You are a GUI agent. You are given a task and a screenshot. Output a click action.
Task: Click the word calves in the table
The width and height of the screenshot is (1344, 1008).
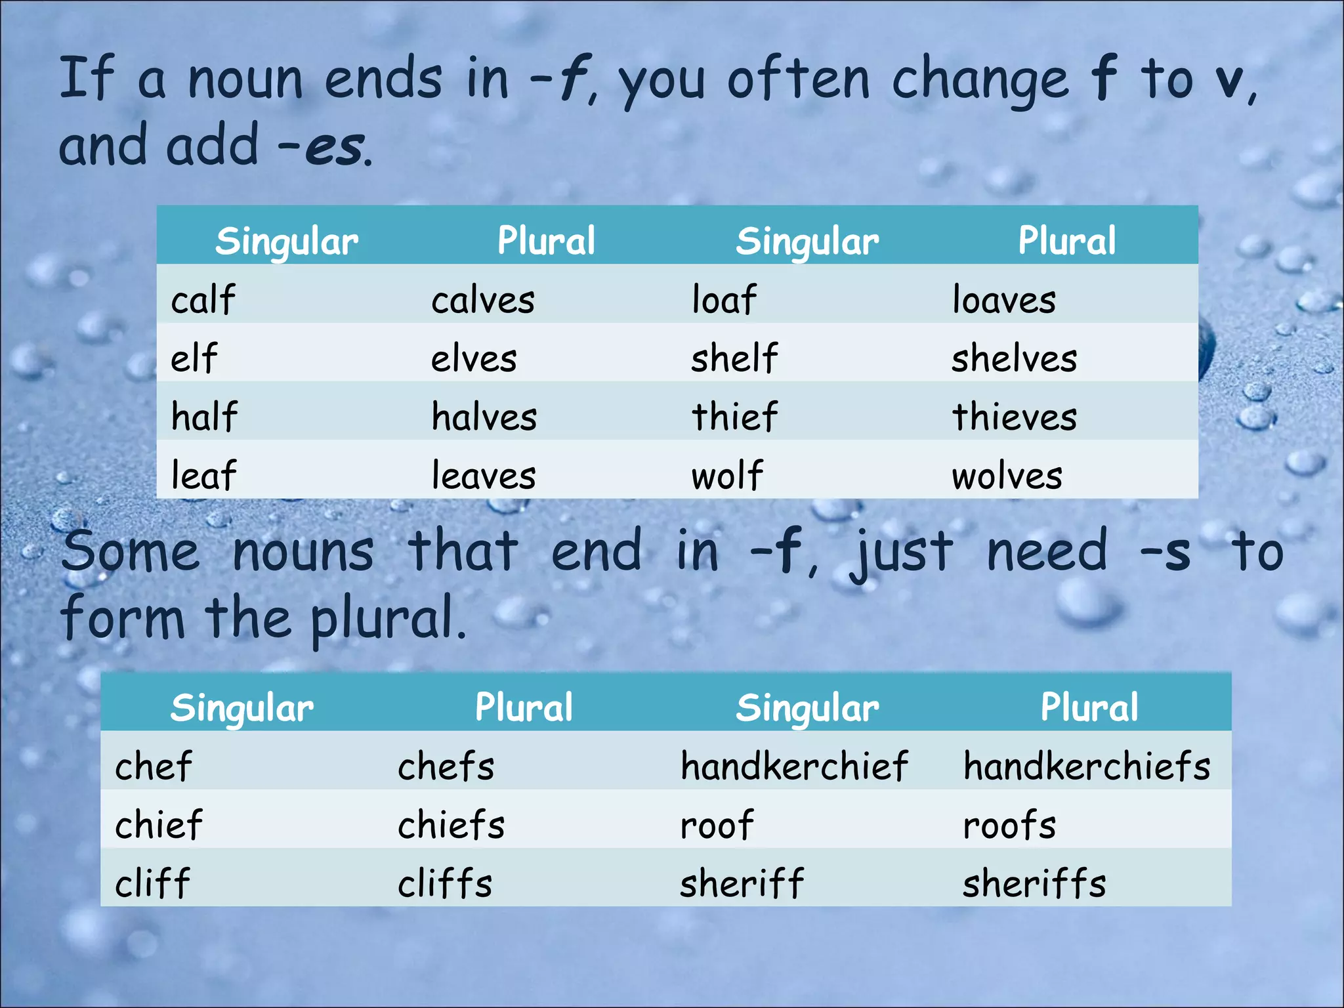(483, 301)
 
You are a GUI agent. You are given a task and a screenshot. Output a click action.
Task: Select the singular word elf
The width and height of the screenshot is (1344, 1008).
(194, 359)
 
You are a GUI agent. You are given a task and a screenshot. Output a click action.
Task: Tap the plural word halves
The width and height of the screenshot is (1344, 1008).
(484, 417)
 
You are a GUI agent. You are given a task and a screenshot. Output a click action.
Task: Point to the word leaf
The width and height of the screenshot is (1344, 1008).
(203, 475)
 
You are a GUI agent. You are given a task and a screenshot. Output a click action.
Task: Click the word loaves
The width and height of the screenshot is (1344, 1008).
(1004, 301)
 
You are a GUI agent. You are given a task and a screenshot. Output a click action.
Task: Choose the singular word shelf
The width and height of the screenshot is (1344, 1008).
(734, 359)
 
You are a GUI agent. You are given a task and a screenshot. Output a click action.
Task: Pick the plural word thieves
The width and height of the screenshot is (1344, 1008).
(1015, 417)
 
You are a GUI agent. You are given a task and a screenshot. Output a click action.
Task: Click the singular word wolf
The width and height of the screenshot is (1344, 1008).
(727, 475)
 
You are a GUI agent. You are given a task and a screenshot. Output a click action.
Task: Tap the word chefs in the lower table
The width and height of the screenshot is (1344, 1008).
(446, 766)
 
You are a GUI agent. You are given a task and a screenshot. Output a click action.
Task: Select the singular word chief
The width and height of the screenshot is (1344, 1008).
(159, 825)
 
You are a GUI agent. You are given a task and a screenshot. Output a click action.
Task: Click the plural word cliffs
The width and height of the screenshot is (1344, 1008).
(445, 883)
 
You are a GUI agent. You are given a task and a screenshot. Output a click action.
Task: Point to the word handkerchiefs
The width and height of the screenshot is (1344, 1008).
(1087, 766)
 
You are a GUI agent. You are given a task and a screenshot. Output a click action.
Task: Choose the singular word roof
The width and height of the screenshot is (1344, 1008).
(717, 825)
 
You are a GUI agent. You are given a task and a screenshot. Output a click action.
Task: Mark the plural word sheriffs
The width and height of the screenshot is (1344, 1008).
(1034, 883)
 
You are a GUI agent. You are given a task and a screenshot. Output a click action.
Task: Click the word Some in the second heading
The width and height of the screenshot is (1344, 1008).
(131, 553)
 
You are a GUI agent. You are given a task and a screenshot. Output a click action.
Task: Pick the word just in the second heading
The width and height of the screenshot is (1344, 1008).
(901, 553)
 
